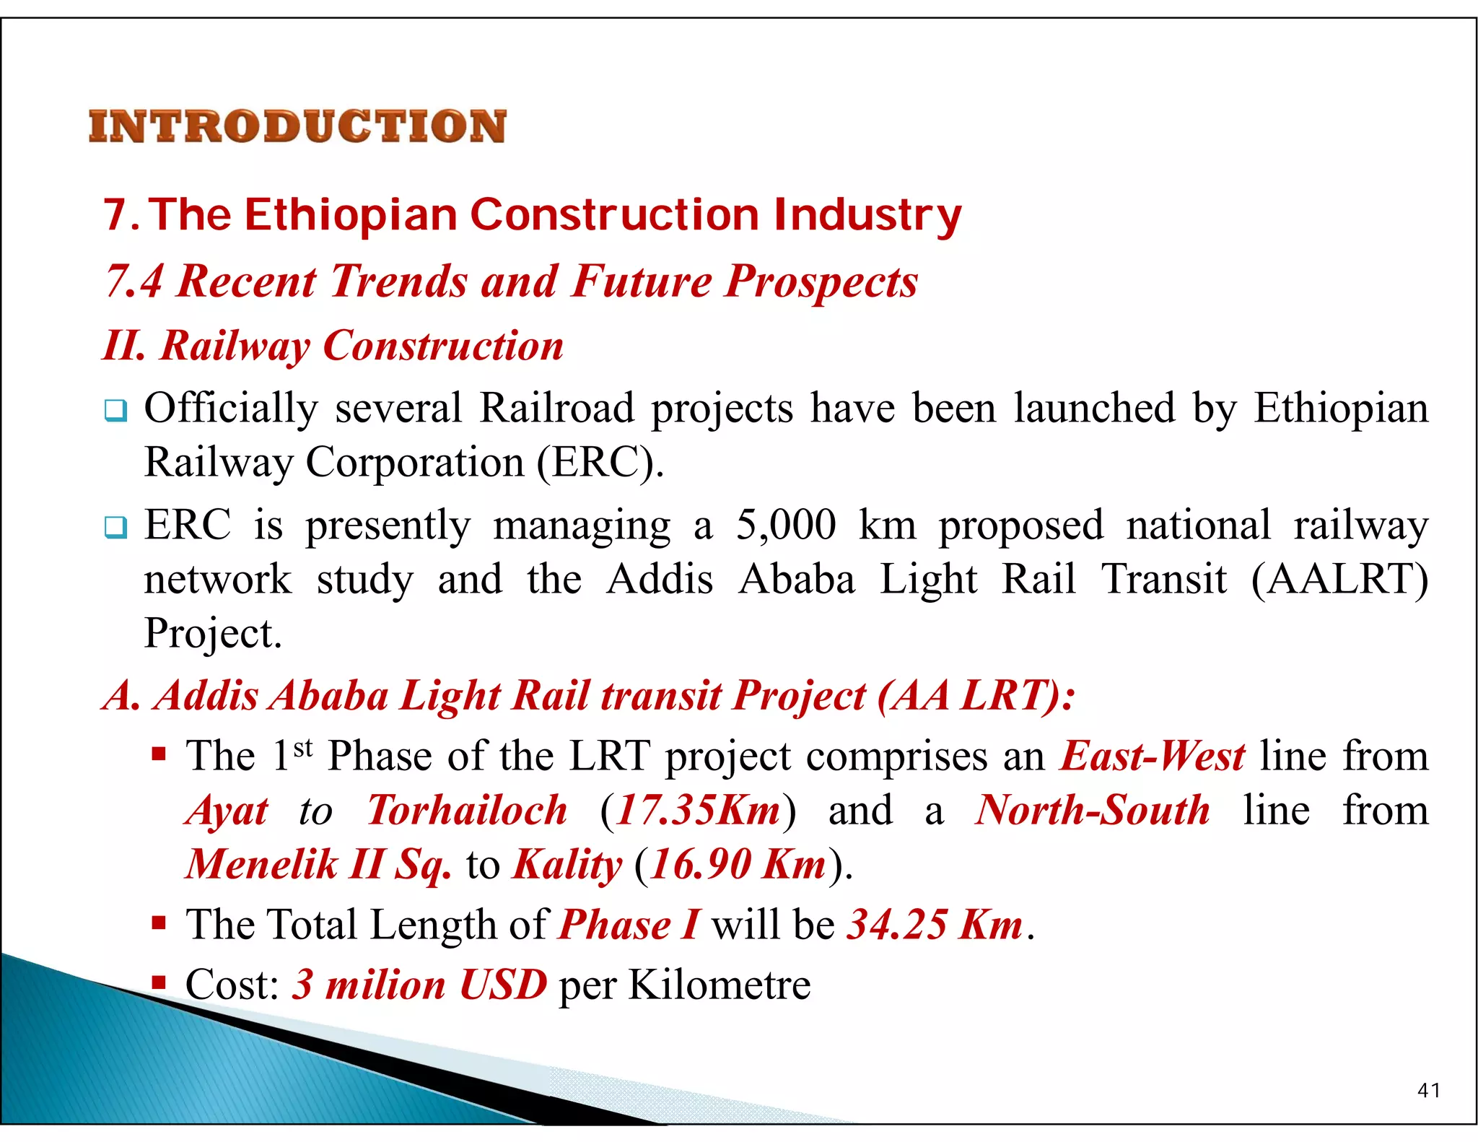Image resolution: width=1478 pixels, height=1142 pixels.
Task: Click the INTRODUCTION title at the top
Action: [297, 126]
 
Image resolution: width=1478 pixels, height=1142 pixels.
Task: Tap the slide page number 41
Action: [1428, 1090]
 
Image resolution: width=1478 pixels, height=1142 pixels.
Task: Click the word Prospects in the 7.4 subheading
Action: [821, 281]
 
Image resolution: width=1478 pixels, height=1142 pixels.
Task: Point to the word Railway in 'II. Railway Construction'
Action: [235, 346]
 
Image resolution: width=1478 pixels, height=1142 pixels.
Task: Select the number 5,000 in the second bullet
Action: [786, 525]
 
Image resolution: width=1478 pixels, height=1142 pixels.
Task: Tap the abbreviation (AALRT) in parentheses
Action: [1339, 580]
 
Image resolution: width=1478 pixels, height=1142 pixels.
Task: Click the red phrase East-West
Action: [1153, 757]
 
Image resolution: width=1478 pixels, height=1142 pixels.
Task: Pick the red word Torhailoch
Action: [467, 811]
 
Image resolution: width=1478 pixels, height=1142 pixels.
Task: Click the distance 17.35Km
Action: [699, 811]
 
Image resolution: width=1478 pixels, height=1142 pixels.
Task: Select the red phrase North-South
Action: [1092, 811]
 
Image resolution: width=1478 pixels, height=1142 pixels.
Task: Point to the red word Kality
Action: [567, 865]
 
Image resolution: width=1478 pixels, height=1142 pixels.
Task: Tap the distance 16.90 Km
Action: [738, 865]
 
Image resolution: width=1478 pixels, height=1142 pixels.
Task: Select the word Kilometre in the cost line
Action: [720, 985]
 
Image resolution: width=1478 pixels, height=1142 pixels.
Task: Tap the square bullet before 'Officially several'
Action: [115, 411]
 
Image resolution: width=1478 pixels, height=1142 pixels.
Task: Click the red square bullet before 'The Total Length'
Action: [159, 923]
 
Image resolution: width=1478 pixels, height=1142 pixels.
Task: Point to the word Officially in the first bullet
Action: [231, 409]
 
